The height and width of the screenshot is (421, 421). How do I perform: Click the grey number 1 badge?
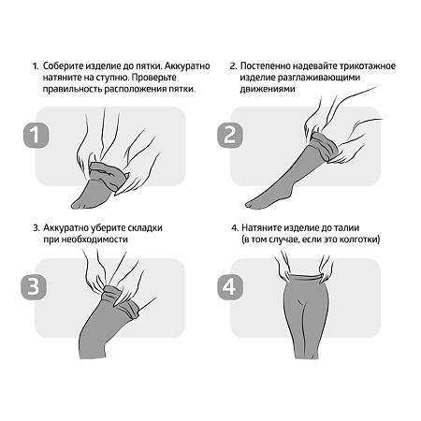pyautogui.click(x=36, y=135)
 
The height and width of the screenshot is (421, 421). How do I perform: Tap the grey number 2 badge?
pyautogui.click(x=230, y=135)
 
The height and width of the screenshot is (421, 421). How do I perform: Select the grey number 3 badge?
pyautogui.click(x=34, y=287)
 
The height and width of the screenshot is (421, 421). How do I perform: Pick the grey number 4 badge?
pyautogui.click(x=230, y=287)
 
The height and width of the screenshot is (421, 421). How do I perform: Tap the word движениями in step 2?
pyautogui.click(x=268, y=89)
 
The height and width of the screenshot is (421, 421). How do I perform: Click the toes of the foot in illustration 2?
pyautogui.click(x=251, y=205)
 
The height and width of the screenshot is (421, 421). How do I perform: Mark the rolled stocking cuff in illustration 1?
pyautogui.click(x=107, y=175)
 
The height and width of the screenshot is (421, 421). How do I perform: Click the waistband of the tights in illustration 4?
pyautogui.click(x=305, y=277)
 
